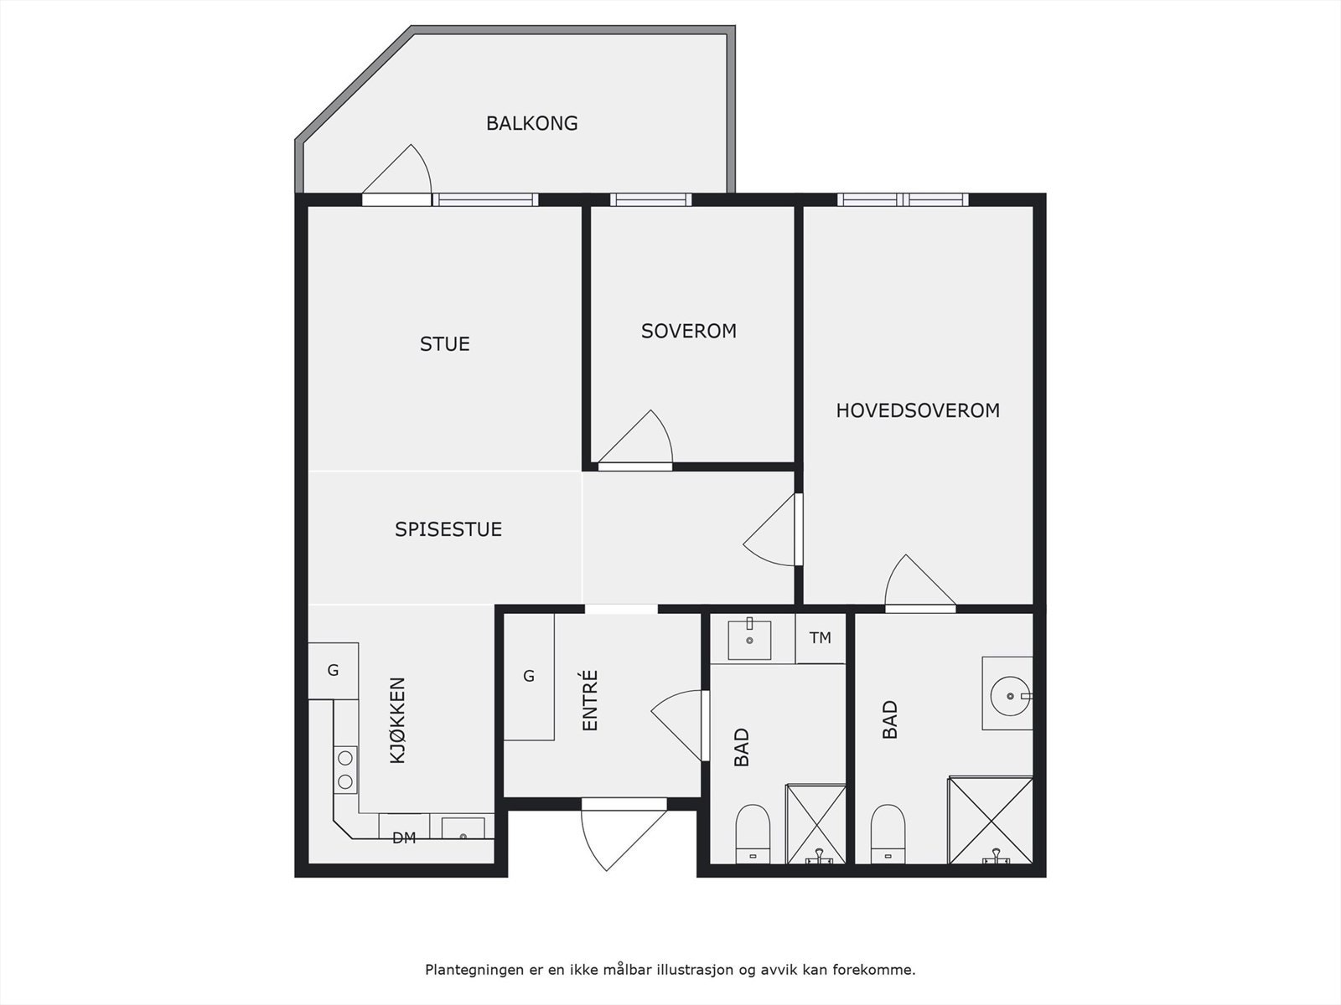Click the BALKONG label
click(531, 123)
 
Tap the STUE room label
click(445, 344)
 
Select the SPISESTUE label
click(448, 529)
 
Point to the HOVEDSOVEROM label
click(918, 410)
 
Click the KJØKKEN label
click(398, 720)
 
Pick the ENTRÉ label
click(589, 700)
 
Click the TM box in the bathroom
click(821, 638)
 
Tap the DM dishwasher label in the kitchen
click(404, 837)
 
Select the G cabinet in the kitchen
click(333, 671)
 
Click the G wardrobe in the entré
click(529, 676)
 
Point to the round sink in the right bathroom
click(1010, 696)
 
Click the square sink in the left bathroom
click(749, 640)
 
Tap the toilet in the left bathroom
click(753, 834)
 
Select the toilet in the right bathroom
click(888, 834)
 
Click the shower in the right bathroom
click(991, 820)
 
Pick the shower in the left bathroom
click(815, 824)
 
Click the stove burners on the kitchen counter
click(345, 770)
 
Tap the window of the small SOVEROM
click(650, 199)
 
